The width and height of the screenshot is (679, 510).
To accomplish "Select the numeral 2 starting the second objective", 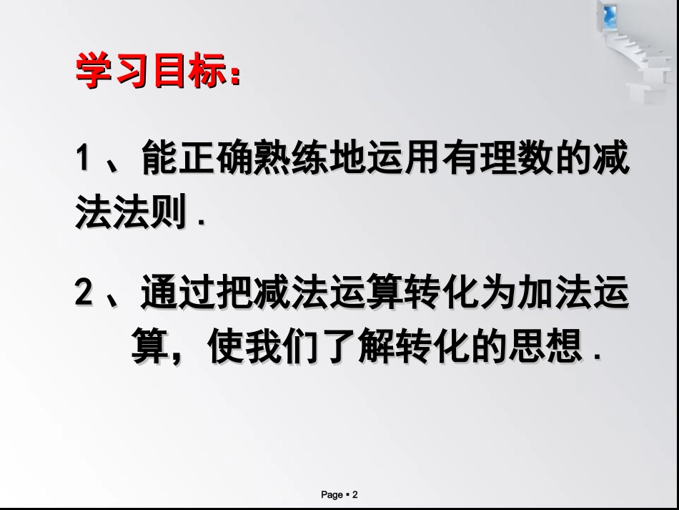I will [84, 295].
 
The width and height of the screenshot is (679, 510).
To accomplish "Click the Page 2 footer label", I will [339, 494].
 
